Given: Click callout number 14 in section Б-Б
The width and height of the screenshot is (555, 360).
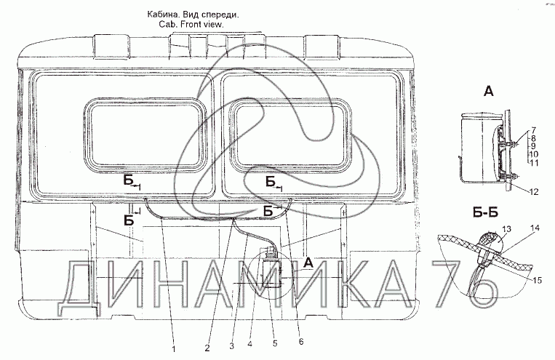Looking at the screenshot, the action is pos(537,230).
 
